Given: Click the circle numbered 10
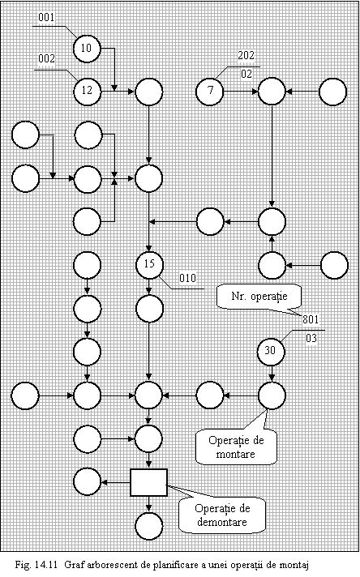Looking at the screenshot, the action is point(87,48).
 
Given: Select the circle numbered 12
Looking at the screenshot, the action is point(87,91).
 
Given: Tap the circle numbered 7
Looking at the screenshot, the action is point(209,91).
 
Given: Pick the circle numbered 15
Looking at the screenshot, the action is point(148,264).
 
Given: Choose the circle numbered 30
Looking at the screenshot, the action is point(271,351).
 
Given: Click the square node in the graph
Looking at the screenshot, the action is point(148,482).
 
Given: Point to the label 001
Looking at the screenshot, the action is point(46,17).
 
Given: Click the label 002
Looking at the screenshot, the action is point(46,58).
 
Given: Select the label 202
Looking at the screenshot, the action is point(246,55).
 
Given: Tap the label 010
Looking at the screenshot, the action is point(188,278).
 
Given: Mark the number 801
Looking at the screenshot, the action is point(311,319).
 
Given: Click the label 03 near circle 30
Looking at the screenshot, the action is point(311,338).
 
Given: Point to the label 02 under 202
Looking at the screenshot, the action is point(246,74).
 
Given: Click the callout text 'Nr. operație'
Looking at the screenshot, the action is point(259,297).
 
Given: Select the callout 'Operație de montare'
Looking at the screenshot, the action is point(236,447).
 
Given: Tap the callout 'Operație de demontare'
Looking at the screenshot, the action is point(222,515).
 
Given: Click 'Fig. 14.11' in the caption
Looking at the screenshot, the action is point(36,565).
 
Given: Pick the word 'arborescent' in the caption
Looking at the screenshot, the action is point(105,565).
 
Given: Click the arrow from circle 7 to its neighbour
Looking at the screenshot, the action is point(241,92).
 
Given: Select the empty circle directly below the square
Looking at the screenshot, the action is point(148,526).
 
